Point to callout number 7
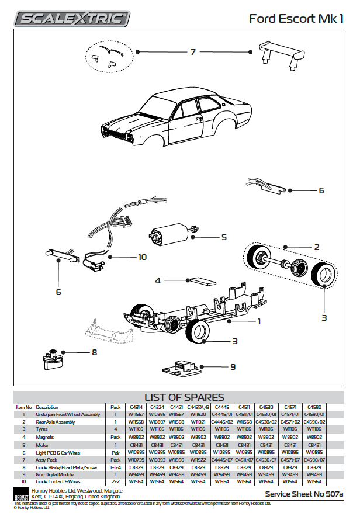pos(193,52)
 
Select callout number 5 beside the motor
pos(224,237)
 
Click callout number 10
pos(142,256)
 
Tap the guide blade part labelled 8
pos(53,356)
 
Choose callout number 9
pos(233,367)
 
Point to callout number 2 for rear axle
pos(316,247)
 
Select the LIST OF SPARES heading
pos(184,397)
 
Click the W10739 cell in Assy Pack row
pos(136,460)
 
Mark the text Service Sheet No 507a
pos(304,494)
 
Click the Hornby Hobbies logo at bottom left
pos(21,494)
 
